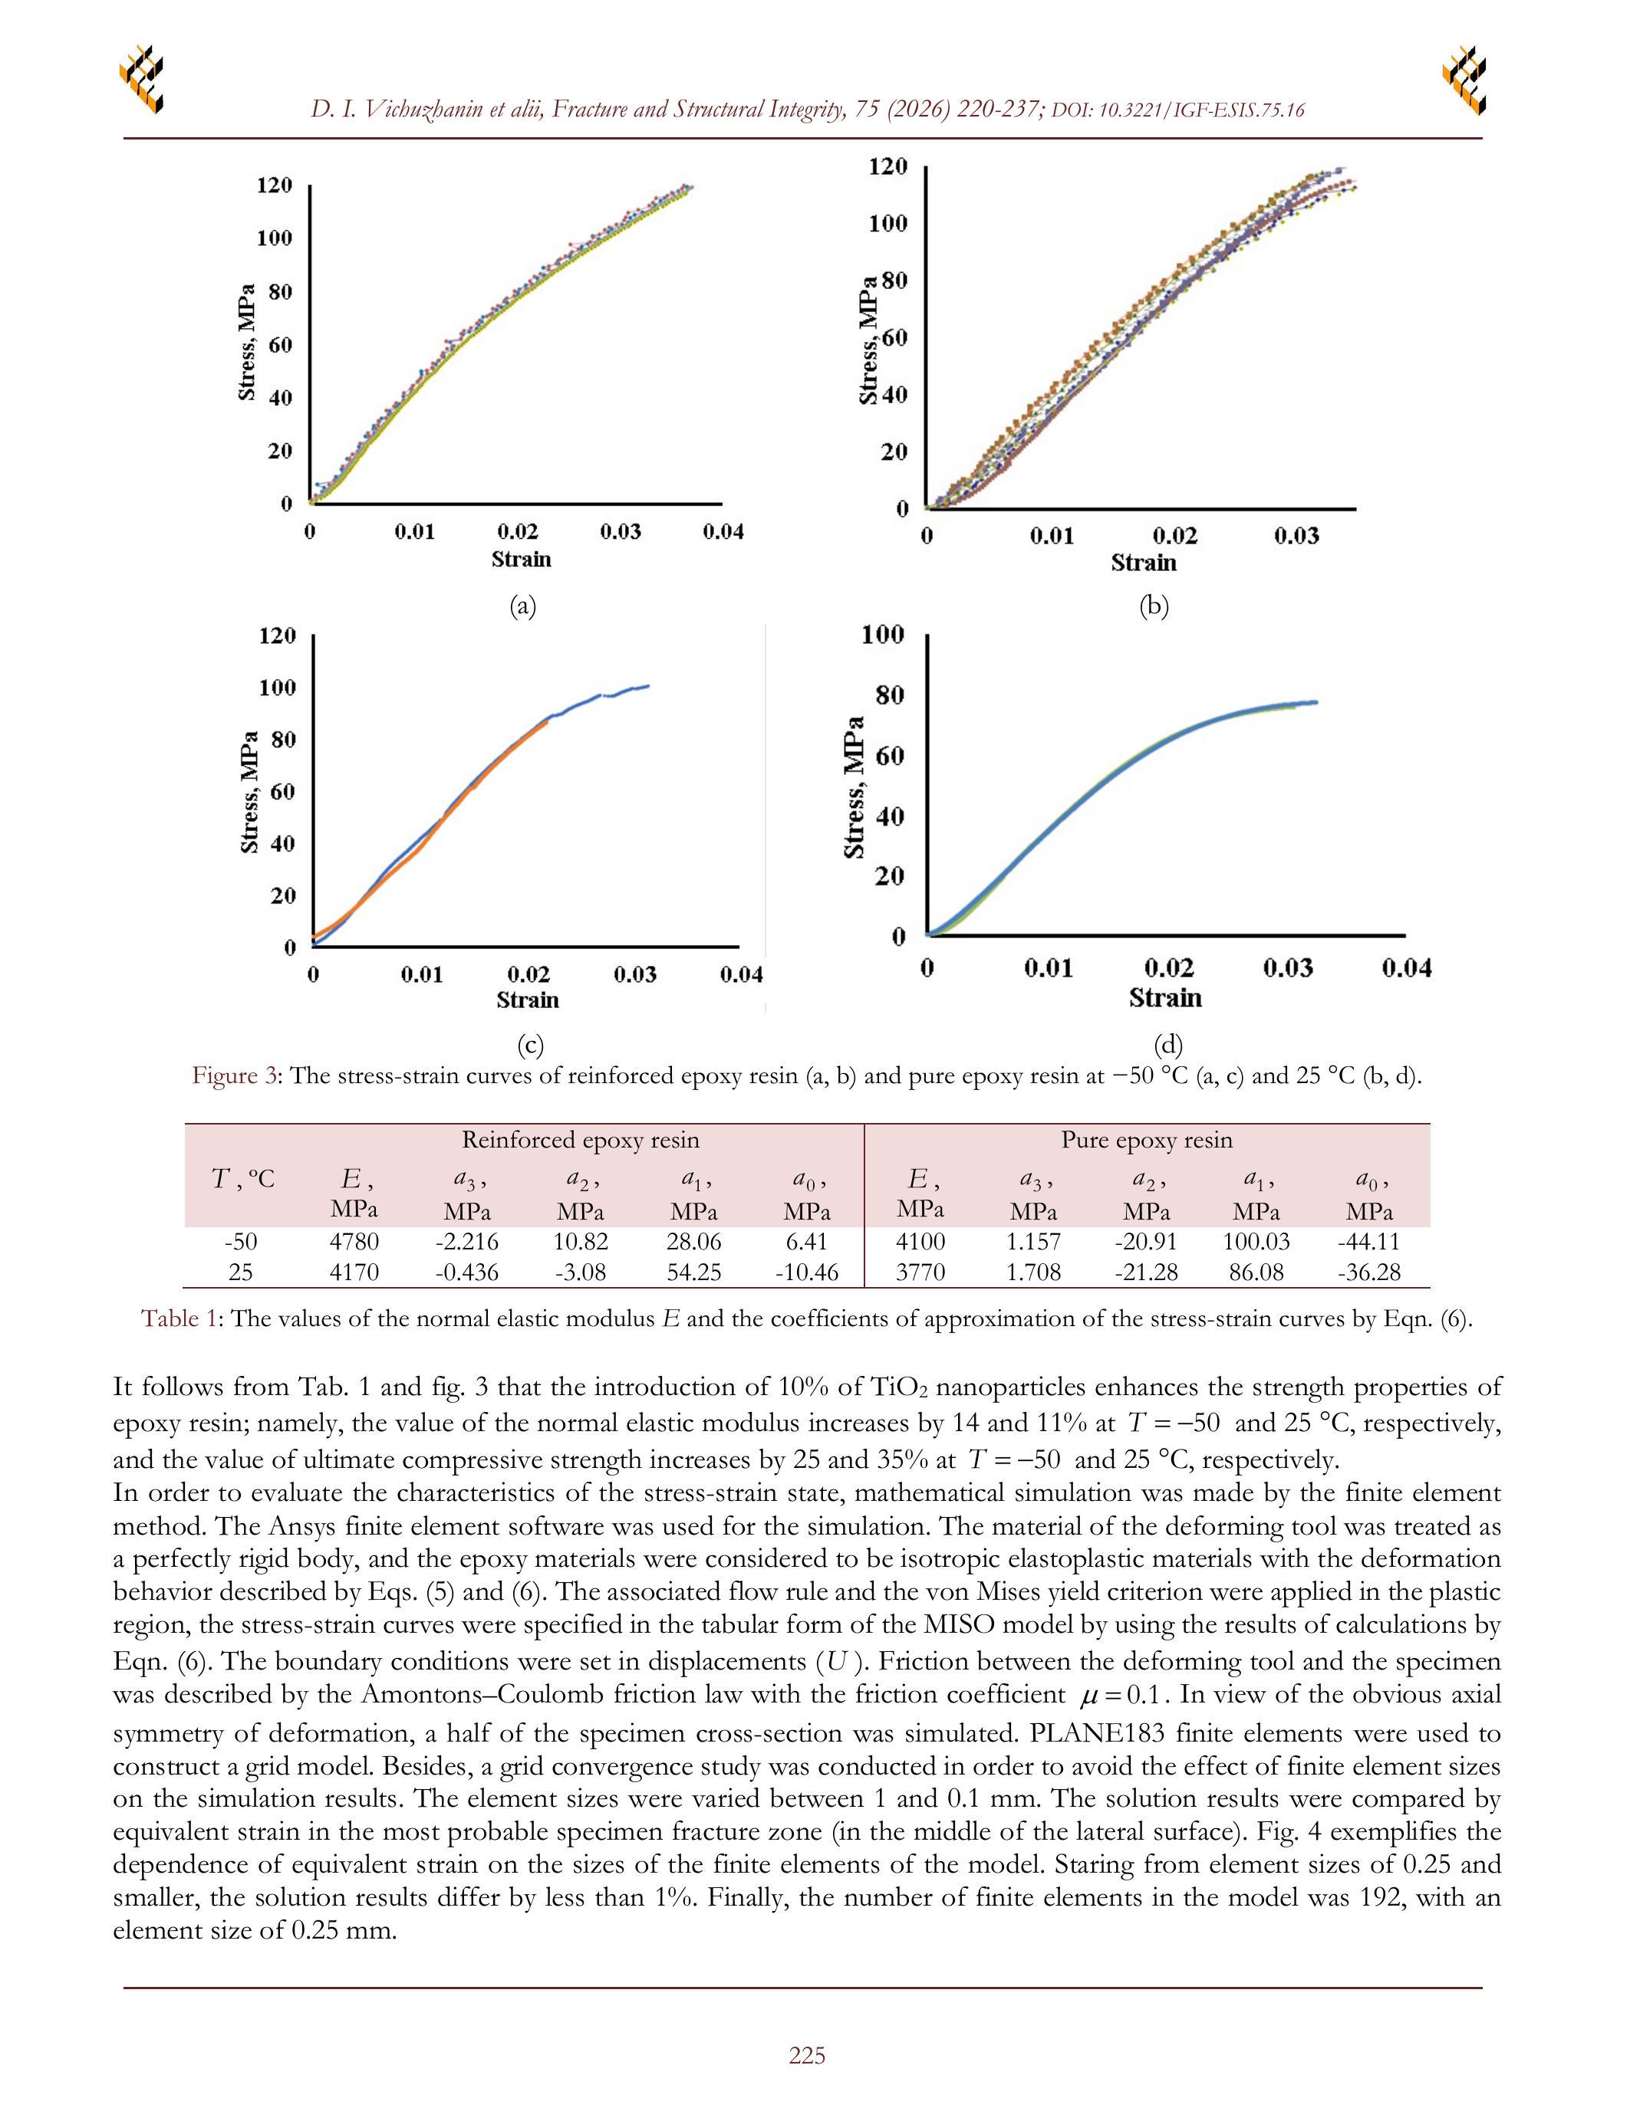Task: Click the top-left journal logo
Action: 141,78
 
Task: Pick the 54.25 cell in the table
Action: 693,1272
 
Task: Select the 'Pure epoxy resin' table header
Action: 1146,1140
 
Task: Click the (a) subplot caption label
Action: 522,606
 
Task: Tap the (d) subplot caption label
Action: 1167,1044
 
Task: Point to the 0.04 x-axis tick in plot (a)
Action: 723,532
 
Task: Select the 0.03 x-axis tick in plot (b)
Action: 1295,537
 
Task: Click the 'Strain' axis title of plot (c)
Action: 527,1000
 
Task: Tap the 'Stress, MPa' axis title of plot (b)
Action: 868,340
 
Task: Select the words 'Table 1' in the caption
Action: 179,1318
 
